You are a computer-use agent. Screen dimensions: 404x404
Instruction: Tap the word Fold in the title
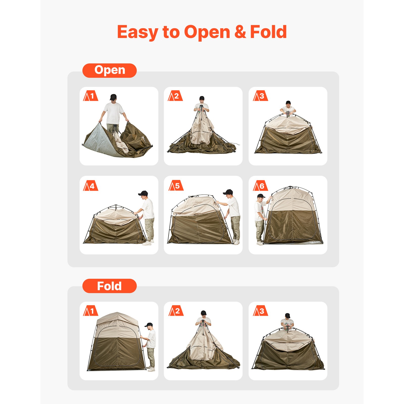[268, 32]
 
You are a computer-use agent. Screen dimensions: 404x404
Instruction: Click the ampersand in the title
[240, 32]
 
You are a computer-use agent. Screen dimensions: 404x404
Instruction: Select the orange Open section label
[109, 70]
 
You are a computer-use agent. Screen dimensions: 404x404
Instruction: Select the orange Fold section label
[109, 286]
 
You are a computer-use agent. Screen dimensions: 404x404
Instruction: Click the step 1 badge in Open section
[90, 96]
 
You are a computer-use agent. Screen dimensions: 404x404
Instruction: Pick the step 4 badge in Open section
[90, 186]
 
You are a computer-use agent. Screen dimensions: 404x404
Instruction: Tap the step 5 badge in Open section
[176, 186]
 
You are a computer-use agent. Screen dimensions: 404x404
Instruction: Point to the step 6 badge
[260, 186]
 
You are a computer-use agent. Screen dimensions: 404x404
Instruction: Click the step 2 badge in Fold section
[176, 311]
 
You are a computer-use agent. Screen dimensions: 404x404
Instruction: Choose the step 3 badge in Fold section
[260, 311]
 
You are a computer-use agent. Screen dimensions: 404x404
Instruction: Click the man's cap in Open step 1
[113, 96]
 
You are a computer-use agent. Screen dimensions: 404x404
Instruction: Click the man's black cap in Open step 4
[143, 193]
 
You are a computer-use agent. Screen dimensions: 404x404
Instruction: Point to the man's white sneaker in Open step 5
[237, 242]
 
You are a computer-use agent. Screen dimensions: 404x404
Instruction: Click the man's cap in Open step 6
[261, 196]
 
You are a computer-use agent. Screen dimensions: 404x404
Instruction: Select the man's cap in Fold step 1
[149, 324]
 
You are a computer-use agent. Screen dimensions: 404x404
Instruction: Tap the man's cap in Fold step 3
[287, 315]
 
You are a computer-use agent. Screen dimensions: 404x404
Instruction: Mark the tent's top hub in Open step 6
[291, 187]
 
